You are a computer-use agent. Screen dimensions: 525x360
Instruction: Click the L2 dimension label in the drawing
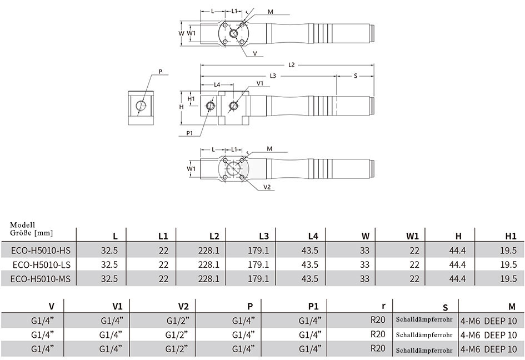(x=291, y=64)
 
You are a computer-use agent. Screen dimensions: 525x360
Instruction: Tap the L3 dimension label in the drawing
(x=273, y=76)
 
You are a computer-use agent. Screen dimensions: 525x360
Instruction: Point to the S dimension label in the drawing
(x=355, y=76)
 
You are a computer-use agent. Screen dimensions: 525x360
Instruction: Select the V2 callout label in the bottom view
(x=267, y=187)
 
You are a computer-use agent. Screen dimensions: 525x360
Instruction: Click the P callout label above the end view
(x=161, y=71)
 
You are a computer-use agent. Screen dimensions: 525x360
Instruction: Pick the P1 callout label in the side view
(x=189, y=133)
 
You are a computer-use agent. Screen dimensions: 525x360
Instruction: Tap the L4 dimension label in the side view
(x=217, y=84)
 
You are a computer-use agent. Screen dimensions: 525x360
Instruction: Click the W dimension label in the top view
(x=181, y=33)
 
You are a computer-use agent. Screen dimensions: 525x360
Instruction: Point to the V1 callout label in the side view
(x=260, y=83)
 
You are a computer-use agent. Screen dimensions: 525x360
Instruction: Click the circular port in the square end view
(x=141, y=106)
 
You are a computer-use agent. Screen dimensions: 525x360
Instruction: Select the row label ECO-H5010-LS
(x=42, y=265)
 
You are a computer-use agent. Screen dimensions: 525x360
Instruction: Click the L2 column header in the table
(x=214, y=236)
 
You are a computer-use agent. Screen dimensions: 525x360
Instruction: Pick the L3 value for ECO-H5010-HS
(x=258, y=251)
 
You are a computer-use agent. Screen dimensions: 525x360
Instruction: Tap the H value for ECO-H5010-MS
(x=457, y=279)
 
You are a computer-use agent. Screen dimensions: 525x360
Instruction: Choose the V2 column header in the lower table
(x=183, y=306)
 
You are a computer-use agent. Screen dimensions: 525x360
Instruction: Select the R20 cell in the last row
(x=378, y=348)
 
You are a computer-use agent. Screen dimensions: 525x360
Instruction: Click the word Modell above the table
(x=22, y=225)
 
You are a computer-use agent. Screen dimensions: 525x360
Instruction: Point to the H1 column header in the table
(x=511, y=236)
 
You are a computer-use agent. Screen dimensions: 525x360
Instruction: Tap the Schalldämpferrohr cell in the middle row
(x=424, y=335)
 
